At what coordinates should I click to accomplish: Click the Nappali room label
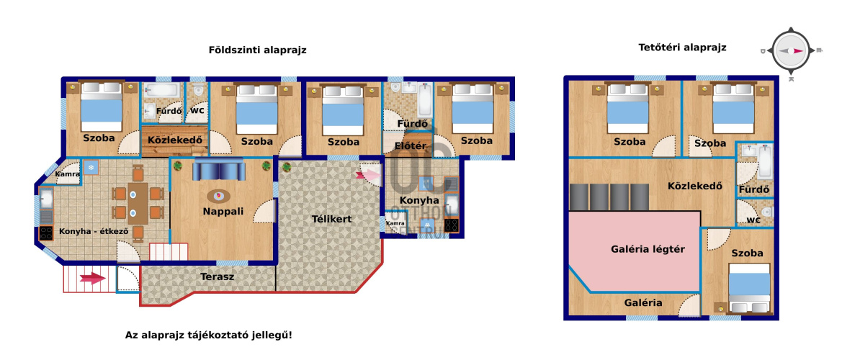coord(223,212)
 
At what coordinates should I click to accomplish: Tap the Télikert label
coord(332,219)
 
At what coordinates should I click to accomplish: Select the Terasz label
coord(216,277)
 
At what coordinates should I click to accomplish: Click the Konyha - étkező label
coord(94,232)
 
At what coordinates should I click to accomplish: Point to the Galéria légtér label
coord(648,249)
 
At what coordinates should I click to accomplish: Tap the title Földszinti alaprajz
coord(257,50)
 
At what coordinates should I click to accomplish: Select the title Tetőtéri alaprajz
coord(682,48)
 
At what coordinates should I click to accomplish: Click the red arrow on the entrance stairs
coord(91,278)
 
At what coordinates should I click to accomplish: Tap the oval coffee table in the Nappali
coord(220,195)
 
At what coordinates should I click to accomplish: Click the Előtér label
coord(411,146)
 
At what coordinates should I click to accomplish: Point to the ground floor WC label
coord(197,111)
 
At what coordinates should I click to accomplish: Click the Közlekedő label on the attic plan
coord(695,186)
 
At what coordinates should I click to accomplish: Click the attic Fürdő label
coord(754,189)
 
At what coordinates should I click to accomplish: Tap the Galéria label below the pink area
coord(643,302)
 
